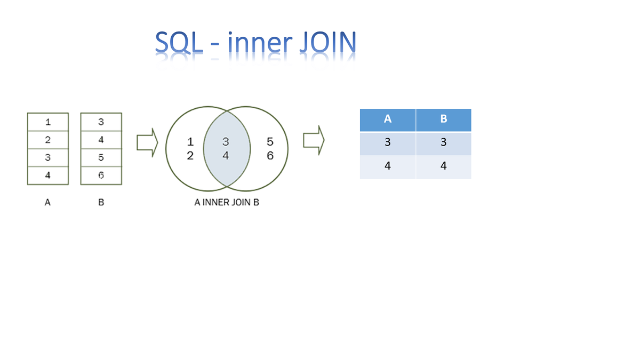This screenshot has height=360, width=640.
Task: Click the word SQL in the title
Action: tap(179, 43)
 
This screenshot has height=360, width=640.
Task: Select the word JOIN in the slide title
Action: tap(326, 43)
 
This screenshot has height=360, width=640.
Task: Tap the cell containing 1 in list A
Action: tap(48, 122)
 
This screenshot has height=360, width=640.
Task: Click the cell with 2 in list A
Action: tap(48, 140)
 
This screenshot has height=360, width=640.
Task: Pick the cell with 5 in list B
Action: tap(101, 158)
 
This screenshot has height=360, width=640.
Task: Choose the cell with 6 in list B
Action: tap(101, 175)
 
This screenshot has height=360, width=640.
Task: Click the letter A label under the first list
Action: tap(48, 203)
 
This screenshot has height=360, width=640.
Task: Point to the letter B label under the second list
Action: tap(101, 203)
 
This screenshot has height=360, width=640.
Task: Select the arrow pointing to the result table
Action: tap(314, 140)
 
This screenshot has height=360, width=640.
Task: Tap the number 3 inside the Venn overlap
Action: tap(226, 142)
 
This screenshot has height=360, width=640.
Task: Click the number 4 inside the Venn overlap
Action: tap(226, 156)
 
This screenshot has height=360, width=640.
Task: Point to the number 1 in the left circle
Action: tap(190, 142)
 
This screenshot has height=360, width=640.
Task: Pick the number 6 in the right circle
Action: tap(270, 156)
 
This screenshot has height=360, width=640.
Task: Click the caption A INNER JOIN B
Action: tap(227, 203)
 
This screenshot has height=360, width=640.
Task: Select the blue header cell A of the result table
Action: tap(388, 119)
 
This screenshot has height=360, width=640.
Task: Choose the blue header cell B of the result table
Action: tap(443, 119)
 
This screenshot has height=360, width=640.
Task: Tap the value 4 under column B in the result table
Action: tap(443, 166)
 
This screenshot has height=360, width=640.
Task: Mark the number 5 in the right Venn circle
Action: tap(270, 142)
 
